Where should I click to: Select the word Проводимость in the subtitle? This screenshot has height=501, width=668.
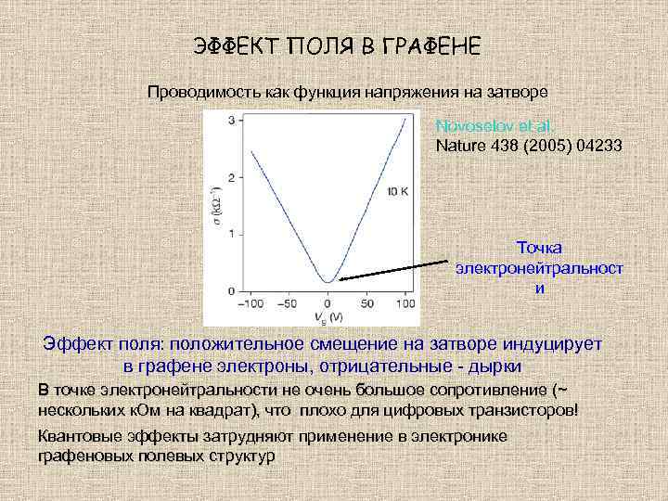pyautogui.click(x=196, y=93)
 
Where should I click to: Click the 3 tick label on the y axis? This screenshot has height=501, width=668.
pyautogui.click(x=231, y=121)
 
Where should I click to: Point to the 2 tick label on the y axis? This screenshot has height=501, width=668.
pyautogui.click(x=231, y=177)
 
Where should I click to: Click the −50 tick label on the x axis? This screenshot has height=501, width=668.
pyautogui.click(x=288, y=302)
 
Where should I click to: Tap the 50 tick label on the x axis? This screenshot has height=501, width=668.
pyautogui.click(x=367, y=302)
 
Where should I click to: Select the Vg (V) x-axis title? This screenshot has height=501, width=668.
pyautogui.click(x=328, y=317)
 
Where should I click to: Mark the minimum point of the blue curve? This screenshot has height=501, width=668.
pyautogui.click(x=328, y=281)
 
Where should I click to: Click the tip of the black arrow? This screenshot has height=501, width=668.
pyautogui.click(x=338, y=278)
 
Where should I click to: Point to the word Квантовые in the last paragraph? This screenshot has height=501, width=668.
pyautogui.click(x=75, y=436)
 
